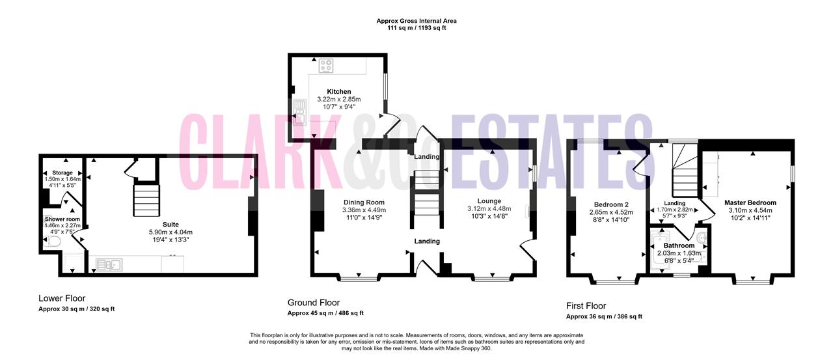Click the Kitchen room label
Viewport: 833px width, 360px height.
tap(339, 92)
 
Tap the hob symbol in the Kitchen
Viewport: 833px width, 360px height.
tap(326, 66)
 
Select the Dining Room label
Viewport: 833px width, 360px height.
tap(364, 202)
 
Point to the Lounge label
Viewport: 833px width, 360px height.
tap(489, 201)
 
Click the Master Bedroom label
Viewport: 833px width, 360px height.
tap(750, 202)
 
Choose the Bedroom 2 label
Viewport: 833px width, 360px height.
tap(611, 204)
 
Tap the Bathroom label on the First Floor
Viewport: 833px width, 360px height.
tap(679, 246)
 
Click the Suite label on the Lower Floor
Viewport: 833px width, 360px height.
tap(171, 225)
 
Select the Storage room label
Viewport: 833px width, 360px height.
tap(62, 173)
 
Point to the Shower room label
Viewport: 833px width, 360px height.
tap(62, 219)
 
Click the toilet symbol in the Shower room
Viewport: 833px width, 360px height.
tap(53, 242)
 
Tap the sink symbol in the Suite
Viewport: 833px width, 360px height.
tap(109, 265)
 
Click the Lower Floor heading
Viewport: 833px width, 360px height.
tap(62, 298)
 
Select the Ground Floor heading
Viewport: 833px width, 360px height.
tap(314, 302)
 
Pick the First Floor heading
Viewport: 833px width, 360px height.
tap(586, 306)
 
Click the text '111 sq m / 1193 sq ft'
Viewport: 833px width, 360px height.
tap(416, 28)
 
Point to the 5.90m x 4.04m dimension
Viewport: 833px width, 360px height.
tap(171, 232)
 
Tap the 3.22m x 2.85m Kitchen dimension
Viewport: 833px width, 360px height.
tap(339, 100)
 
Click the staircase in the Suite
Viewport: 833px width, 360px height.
tap(146, 200)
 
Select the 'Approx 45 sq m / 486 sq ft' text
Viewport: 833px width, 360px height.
tap(325, 313)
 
